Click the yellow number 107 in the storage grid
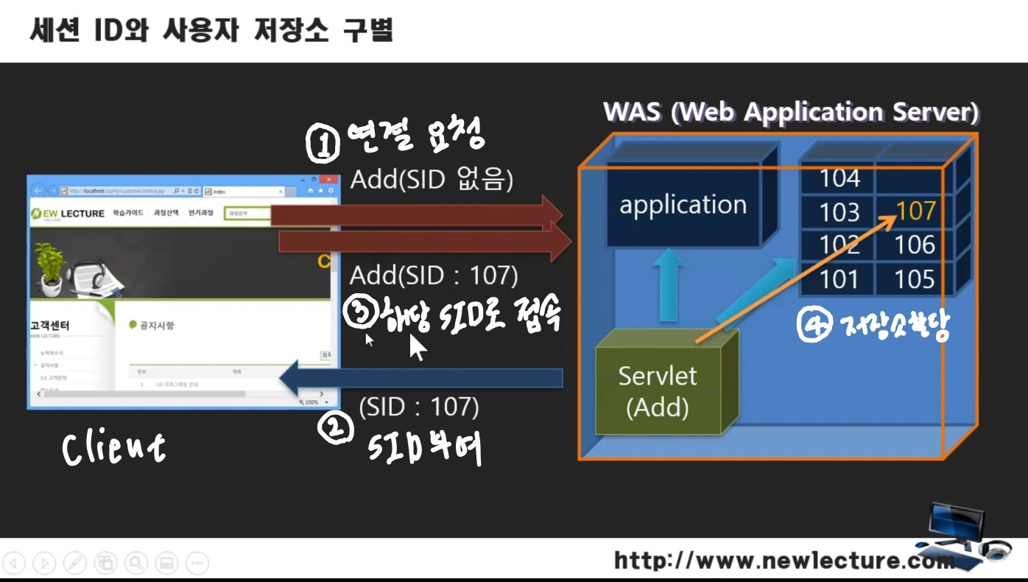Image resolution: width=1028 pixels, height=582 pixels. (915, 211)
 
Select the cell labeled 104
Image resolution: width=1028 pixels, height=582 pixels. (839, 178)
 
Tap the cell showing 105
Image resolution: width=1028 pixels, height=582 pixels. (915, 279)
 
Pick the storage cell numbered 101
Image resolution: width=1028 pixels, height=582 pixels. (839, 279)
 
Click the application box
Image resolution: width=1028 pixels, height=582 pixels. (683, 205)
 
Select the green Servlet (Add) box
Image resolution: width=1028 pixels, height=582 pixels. (658, 390)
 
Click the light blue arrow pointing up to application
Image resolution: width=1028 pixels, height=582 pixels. (668, 287)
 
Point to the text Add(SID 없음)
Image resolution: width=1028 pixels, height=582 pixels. (431, 180)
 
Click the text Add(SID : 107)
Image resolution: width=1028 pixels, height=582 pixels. (434, 276)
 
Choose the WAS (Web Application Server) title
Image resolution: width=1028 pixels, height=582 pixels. (791, 113)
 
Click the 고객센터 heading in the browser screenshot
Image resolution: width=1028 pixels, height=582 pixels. (50, 326)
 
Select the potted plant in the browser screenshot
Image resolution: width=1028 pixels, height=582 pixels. (50, 267)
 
